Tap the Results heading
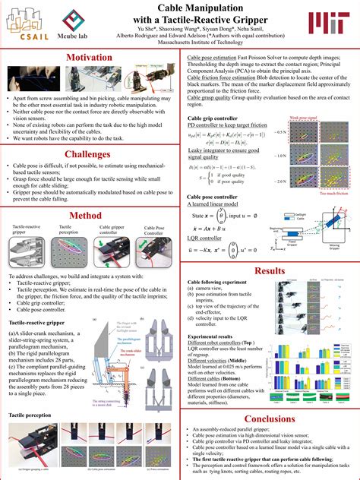point(270,271)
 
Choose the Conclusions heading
point(270,418)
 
